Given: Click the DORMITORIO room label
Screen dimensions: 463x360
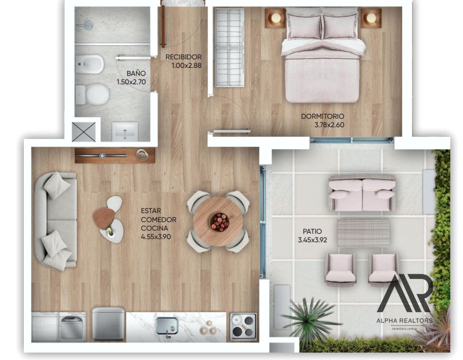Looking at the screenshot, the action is (323, 116).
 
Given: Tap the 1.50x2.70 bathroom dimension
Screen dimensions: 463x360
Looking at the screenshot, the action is (131, 82).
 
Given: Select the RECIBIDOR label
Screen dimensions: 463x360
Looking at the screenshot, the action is (183, 57).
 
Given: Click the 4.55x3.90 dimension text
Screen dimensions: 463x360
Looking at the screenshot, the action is (156, 237).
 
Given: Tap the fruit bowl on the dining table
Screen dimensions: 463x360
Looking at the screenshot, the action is (219, 222).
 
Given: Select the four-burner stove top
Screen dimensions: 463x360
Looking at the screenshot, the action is (243, 326).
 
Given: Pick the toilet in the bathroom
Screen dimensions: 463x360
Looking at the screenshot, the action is (92, 94).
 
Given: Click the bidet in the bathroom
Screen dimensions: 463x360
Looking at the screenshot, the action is (89, 64).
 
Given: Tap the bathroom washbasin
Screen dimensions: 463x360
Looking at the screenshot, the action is (125, 131).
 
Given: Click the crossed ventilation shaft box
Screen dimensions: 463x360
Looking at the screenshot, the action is (84, 132).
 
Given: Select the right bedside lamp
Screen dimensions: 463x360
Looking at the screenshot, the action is (371, 17).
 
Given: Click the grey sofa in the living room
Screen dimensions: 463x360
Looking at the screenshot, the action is (56, 221).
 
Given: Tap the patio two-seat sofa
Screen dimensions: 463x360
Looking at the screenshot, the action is (362, 193).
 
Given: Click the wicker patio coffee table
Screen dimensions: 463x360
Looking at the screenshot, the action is (363, 233).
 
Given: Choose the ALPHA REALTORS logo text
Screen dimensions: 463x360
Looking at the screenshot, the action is (404, 320).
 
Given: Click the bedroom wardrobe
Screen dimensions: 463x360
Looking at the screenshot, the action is (229, 48).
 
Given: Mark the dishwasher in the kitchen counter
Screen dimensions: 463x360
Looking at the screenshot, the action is (72, 327).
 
